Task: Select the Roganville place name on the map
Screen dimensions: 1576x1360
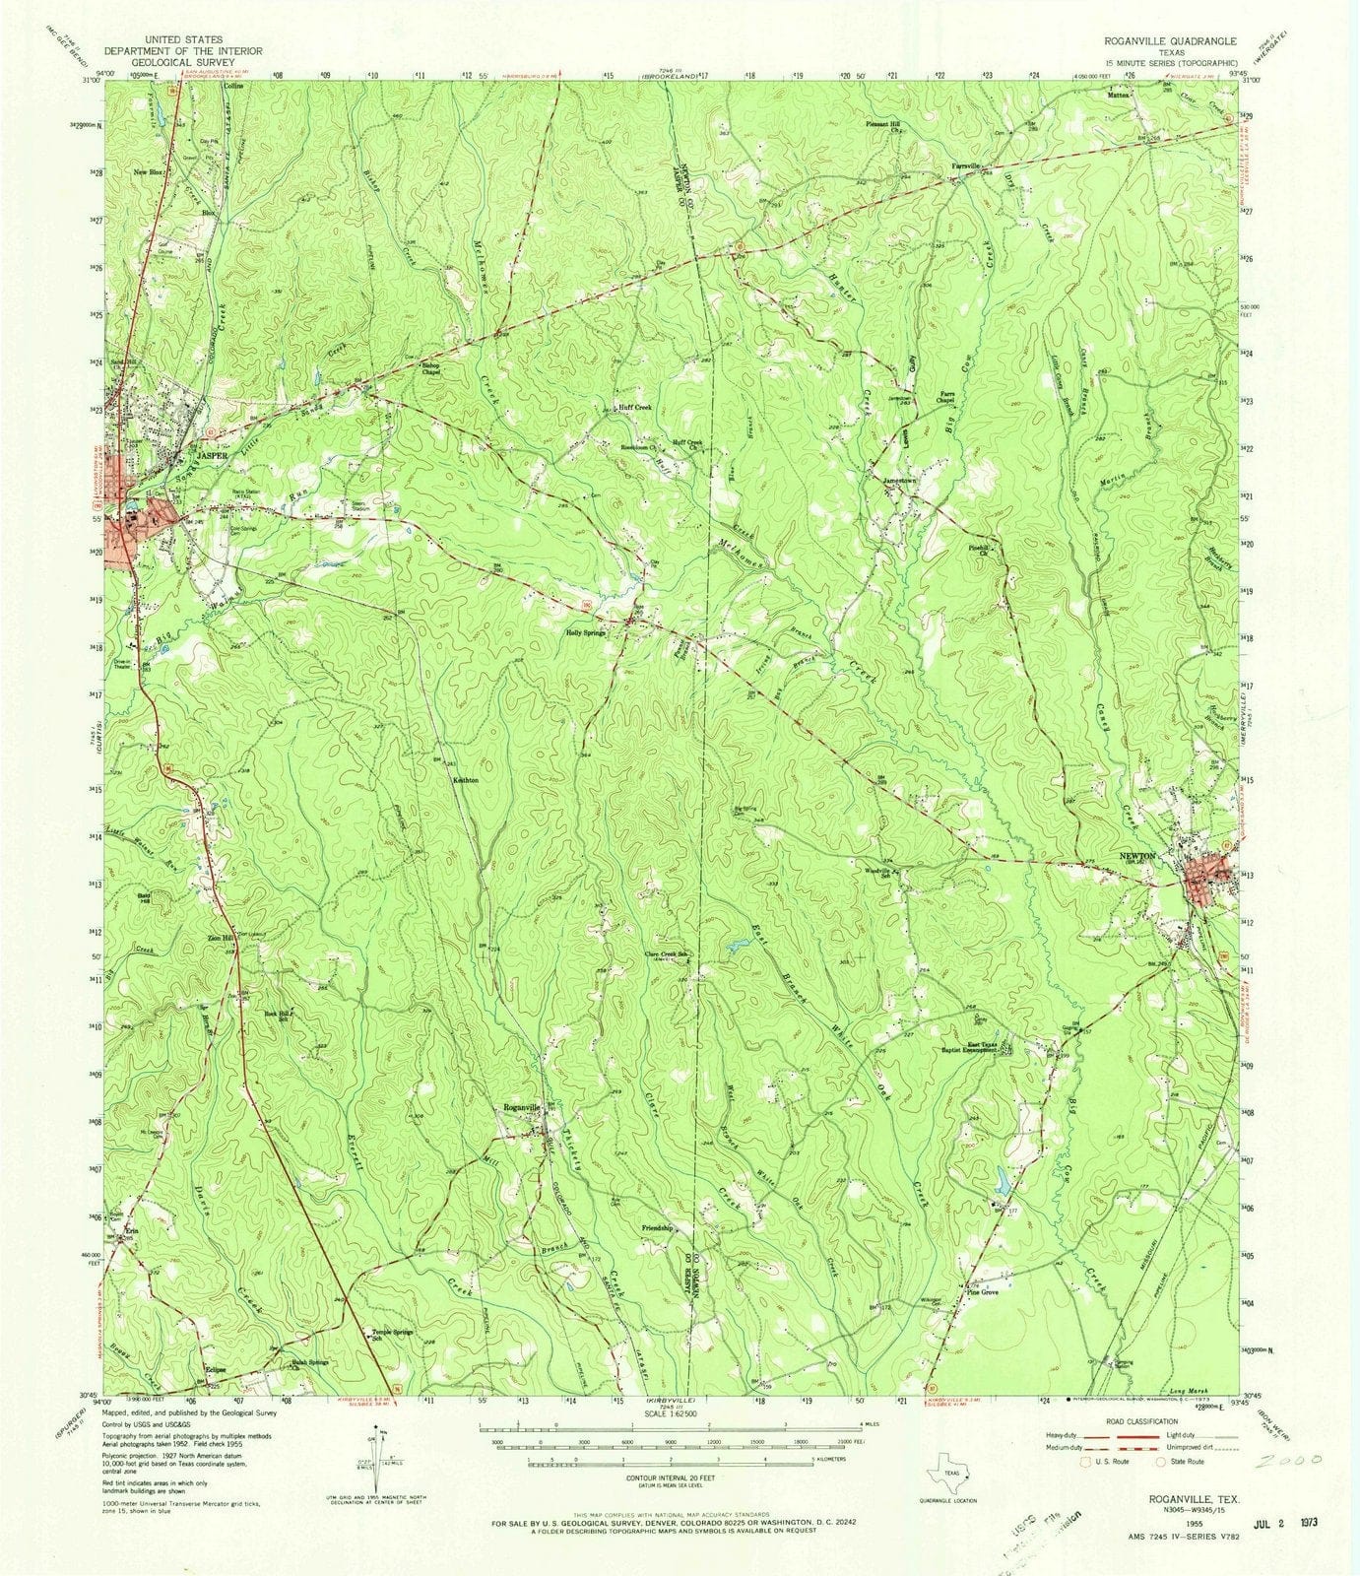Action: coord(523,1107)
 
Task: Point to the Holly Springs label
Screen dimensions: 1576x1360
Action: coord(584,633)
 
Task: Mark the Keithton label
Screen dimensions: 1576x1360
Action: coord(465,779)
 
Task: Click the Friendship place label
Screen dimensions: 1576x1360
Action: coord(656,1228)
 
